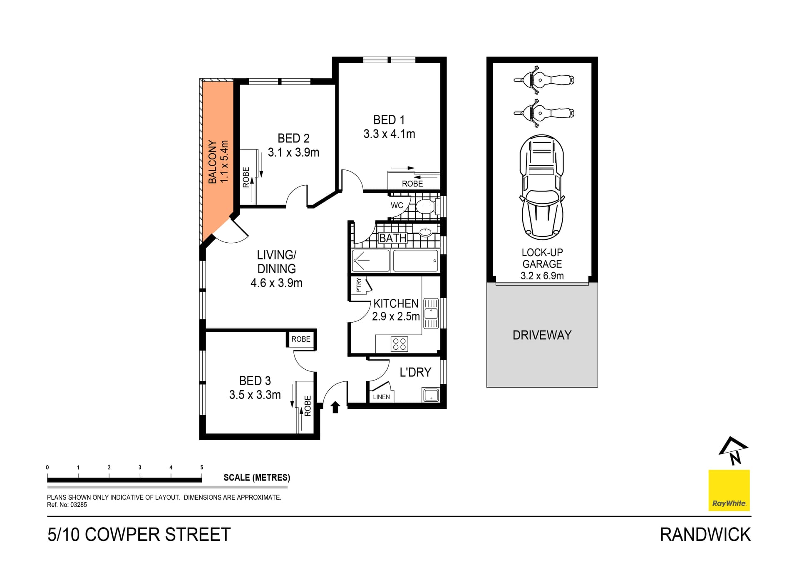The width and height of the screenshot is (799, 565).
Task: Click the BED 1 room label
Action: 389,120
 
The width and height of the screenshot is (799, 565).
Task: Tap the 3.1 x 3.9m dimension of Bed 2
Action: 293,152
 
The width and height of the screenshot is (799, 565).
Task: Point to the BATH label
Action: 393,238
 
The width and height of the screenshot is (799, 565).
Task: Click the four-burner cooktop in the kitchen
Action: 399,344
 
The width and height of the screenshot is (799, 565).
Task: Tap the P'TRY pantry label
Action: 359,285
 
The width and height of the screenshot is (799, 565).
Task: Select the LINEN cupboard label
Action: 381,397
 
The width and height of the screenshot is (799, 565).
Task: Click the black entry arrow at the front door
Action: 335,407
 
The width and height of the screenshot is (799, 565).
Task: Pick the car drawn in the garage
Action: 542,187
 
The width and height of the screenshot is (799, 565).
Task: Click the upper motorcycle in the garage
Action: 543,80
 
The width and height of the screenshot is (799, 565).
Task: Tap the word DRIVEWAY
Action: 542,335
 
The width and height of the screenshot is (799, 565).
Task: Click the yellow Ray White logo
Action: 729,490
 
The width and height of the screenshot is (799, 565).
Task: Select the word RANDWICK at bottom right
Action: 705,535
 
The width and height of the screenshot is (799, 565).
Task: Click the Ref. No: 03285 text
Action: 67,505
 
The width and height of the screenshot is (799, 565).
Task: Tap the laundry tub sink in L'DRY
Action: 431,395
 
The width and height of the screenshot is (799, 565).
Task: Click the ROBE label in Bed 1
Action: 412,184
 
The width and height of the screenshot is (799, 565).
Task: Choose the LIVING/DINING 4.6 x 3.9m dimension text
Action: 276,283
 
